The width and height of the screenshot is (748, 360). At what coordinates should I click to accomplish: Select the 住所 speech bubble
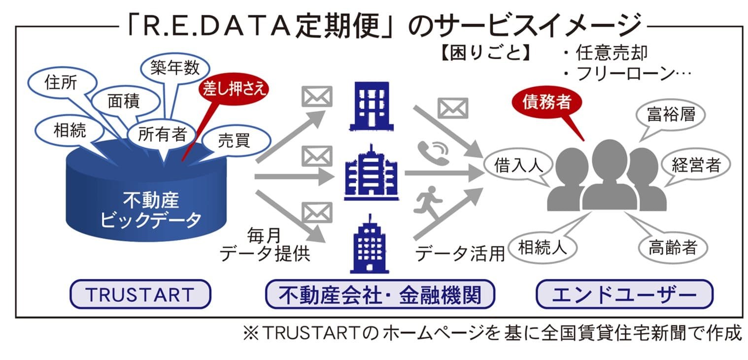(x=60, y=83)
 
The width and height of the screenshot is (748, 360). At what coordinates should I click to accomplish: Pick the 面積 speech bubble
(x=123, y=101)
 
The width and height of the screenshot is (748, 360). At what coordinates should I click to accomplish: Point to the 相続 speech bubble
(x=69, y=130)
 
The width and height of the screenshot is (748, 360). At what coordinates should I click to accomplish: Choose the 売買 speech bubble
(x=234, y=141)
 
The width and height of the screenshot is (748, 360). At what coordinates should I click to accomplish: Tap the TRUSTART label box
(x=140, y=294)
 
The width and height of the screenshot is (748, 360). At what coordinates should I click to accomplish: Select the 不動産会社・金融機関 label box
(x=379, y=294)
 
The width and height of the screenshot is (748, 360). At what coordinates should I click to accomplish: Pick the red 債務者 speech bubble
(x=547, y=102)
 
